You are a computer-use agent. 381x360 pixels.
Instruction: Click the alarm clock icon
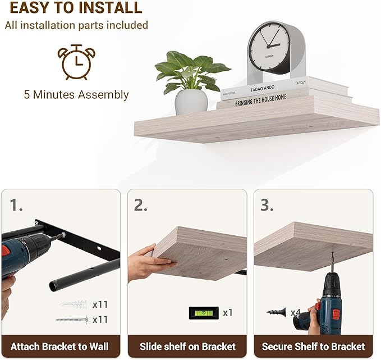pyautogui.click(x=76, y=62)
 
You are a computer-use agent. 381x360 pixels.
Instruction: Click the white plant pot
pyautogui.click(x=191, y=102)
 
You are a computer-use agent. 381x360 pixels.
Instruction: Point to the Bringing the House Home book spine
pyautogui.click(x=260, y=100)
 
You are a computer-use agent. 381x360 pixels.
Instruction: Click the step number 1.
pyautogui.click(x=16, y=205)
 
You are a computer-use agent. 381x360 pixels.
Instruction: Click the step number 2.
pyautogui.click(x=140, y=205)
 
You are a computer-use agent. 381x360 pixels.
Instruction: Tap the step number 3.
pyautogui.click(x=267, y=205)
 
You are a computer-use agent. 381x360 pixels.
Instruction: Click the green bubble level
pyautogui.click(x=204, y=313)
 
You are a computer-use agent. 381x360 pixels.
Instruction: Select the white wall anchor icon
pyautogui.click(x=74, y=304)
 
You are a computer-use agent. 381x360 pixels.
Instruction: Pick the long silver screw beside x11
pyautogui.click(x=72, y=320)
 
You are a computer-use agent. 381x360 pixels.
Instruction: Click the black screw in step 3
pyautogui.click(x=277, y=312)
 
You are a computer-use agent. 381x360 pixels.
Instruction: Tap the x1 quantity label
pyautogui.click(x=228, y=313)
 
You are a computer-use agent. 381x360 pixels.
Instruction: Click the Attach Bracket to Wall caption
pyautogui.click(x=59, y=347)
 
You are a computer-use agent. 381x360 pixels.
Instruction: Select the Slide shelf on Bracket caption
pyautogui.click(x=187, y=347)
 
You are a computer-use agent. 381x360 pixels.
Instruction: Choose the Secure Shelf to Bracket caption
pyautogui.click(x=314, y=347)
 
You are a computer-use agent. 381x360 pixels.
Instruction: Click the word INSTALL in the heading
pyautogui.click(x=111, y=7)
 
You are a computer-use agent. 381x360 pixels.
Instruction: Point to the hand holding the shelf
pyautogui.click(x=149, y=263)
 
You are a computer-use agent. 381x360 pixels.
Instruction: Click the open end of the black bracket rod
pyautogui.click(x=54, y=285)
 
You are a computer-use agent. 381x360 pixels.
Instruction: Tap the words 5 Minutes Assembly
pyautogui.click(x=76, y=94)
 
